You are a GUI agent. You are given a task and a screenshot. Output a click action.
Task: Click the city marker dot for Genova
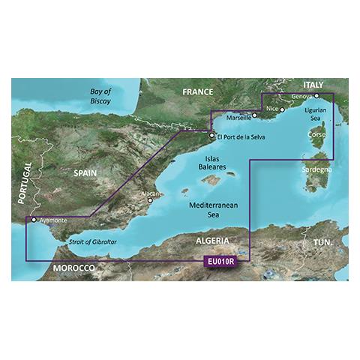[x=316, y=96]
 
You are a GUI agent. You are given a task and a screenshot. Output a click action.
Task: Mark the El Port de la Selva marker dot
[x=211, y=136]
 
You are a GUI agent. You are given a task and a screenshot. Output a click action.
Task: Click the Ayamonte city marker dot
[x=32, y=220]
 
